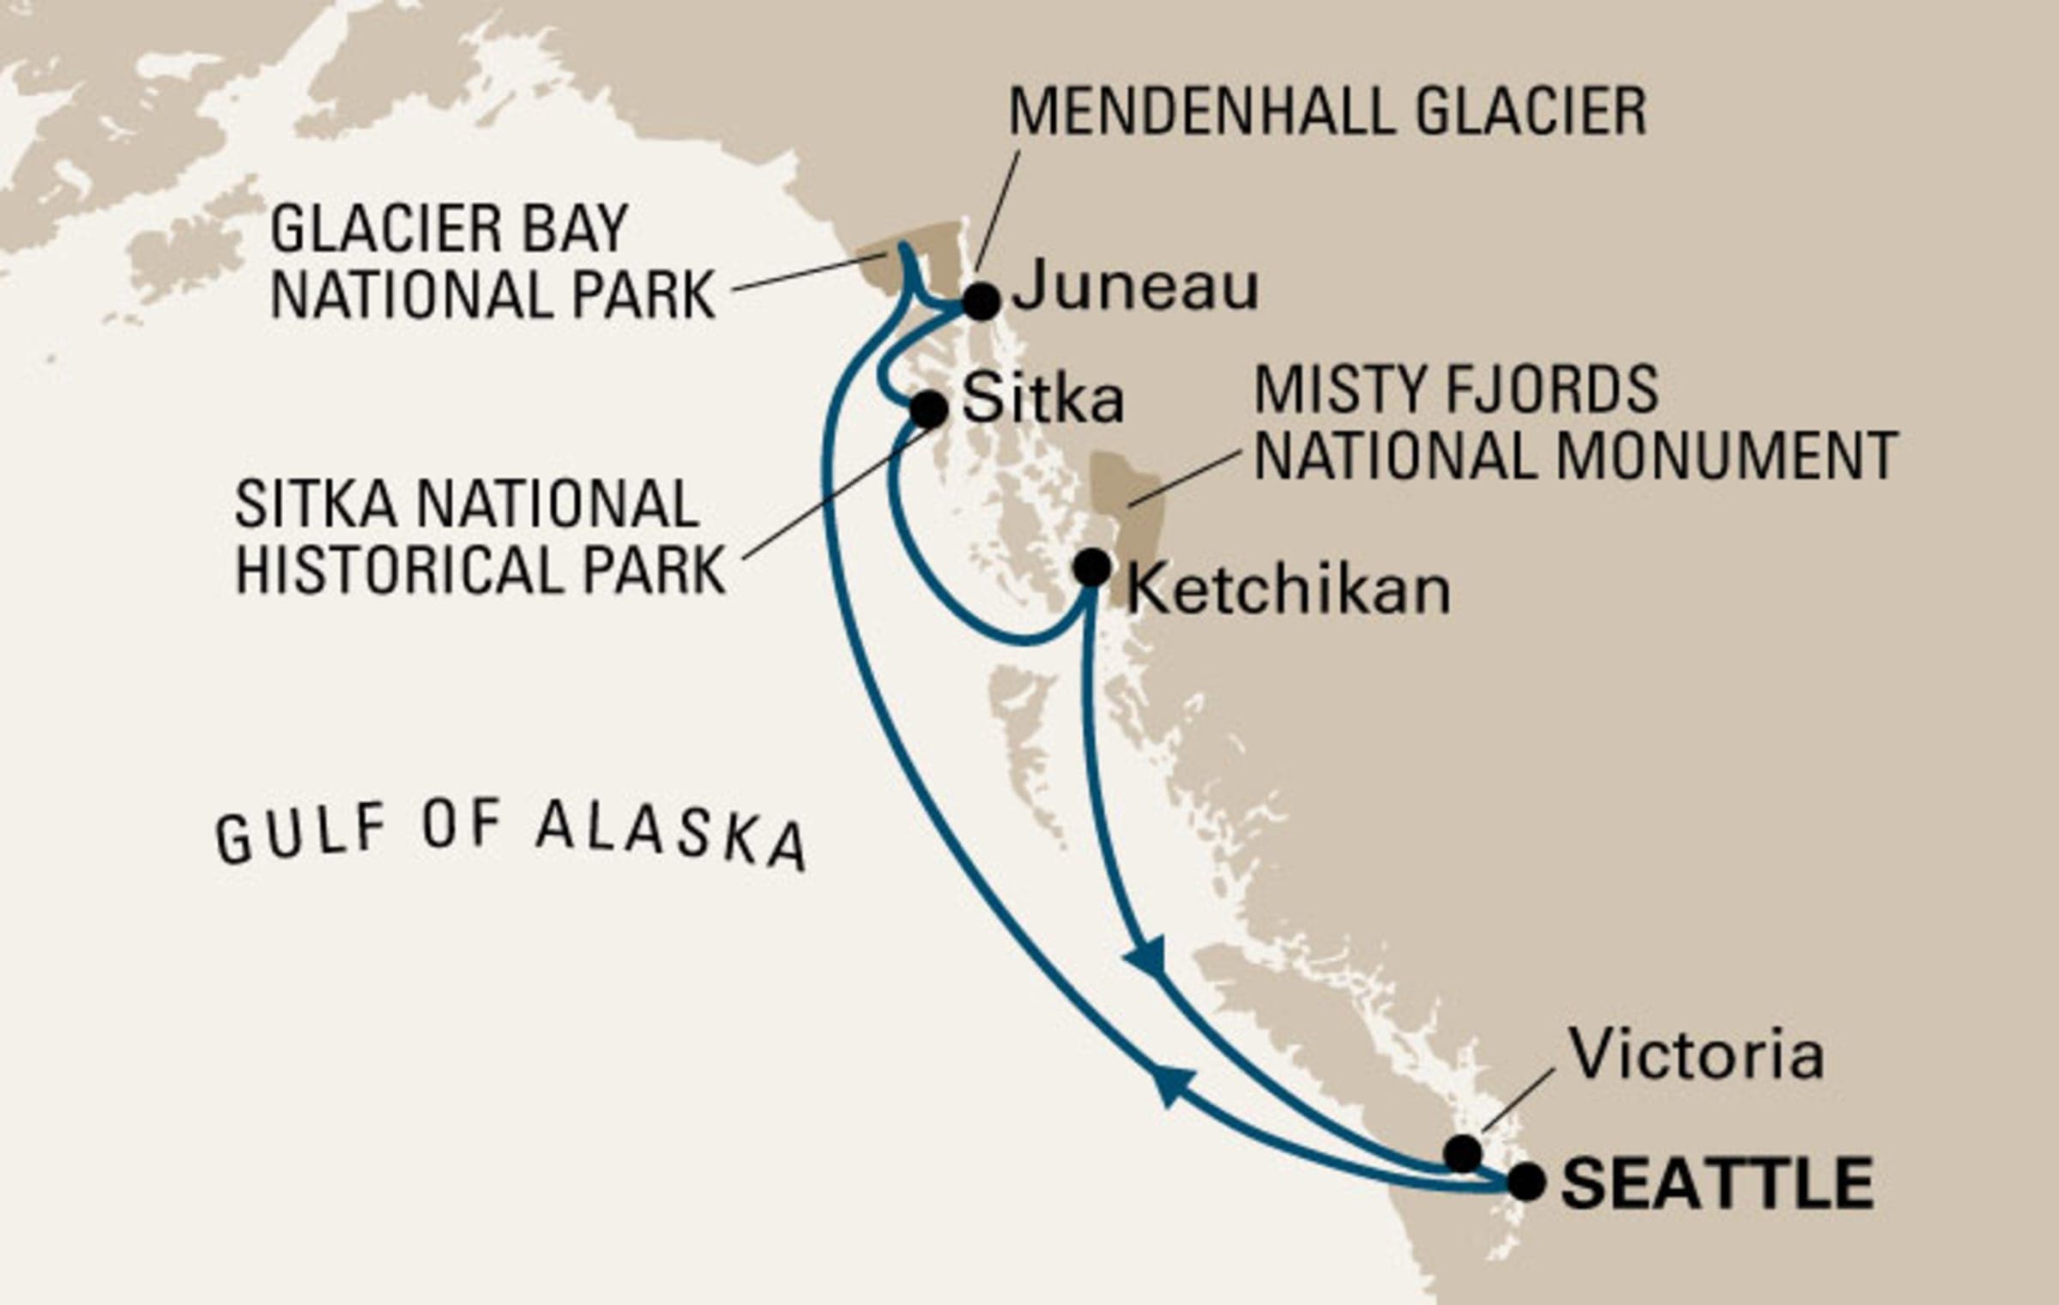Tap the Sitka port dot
(928, 409)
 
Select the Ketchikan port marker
(1091, 567)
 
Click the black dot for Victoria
(1462, 1152)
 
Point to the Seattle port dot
(1526, 1181)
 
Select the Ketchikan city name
(1287, 590)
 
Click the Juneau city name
(1135, 287)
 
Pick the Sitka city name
(1042, 399)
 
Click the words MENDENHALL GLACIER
(1326, 112)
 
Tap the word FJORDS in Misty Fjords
(1553, 390)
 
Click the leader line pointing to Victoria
(1517, 1099)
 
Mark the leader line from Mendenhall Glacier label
(997, 210)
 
